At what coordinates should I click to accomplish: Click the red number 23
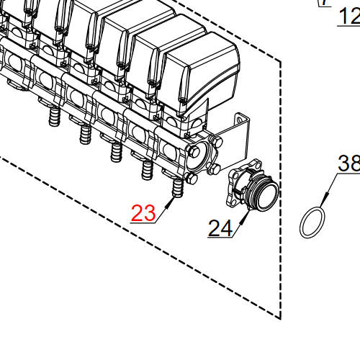(143, 213)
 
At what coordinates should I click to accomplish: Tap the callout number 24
(220, 228)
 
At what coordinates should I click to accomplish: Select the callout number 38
(348, 164)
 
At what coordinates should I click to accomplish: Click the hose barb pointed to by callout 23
(177, 192)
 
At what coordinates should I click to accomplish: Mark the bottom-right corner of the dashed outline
(279, 317)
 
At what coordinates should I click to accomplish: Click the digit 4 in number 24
(227, 228)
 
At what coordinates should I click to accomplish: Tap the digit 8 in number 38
(354, 164)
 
